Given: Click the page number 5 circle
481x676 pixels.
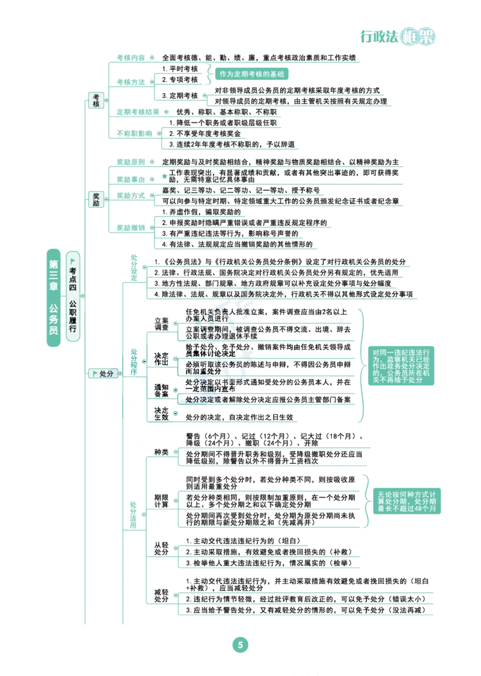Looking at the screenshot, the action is point(240,645).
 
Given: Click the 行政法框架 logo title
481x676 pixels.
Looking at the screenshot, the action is point(398,37).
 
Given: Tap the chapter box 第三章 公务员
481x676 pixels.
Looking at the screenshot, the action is point(54,298).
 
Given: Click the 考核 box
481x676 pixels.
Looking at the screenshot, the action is point(96,100).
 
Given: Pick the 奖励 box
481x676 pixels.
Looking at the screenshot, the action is point(96,199).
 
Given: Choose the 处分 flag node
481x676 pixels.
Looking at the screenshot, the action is point(103,373).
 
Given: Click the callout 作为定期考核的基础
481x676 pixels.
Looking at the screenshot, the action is point(252,74).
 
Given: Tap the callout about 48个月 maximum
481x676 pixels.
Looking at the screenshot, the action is point(407,502).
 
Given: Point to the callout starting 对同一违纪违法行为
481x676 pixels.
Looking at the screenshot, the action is point(401,366).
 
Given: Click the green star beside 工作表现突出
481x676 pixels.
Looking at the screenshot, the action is point(164,176).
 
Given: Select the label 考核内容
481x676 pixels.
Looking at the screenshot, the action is point(130,58).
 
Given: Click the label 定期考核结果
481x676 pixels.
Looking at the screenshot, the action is point(138,112).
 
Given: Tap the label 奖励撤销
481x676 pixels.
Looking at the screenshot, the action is point(130,227).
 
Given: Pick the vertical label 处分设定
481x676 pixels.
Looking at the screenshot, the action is point(134,268).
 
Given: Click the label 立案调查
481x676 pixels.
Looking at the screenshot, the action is point(162,324).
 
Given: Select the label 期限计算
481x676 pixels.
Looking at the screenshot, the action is point(162,501).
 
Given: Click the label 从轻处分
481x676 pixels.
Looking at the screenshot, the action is point(162,548).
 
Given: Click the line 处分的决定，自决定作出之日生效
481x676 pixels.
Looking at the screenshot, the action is point(239,417).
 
